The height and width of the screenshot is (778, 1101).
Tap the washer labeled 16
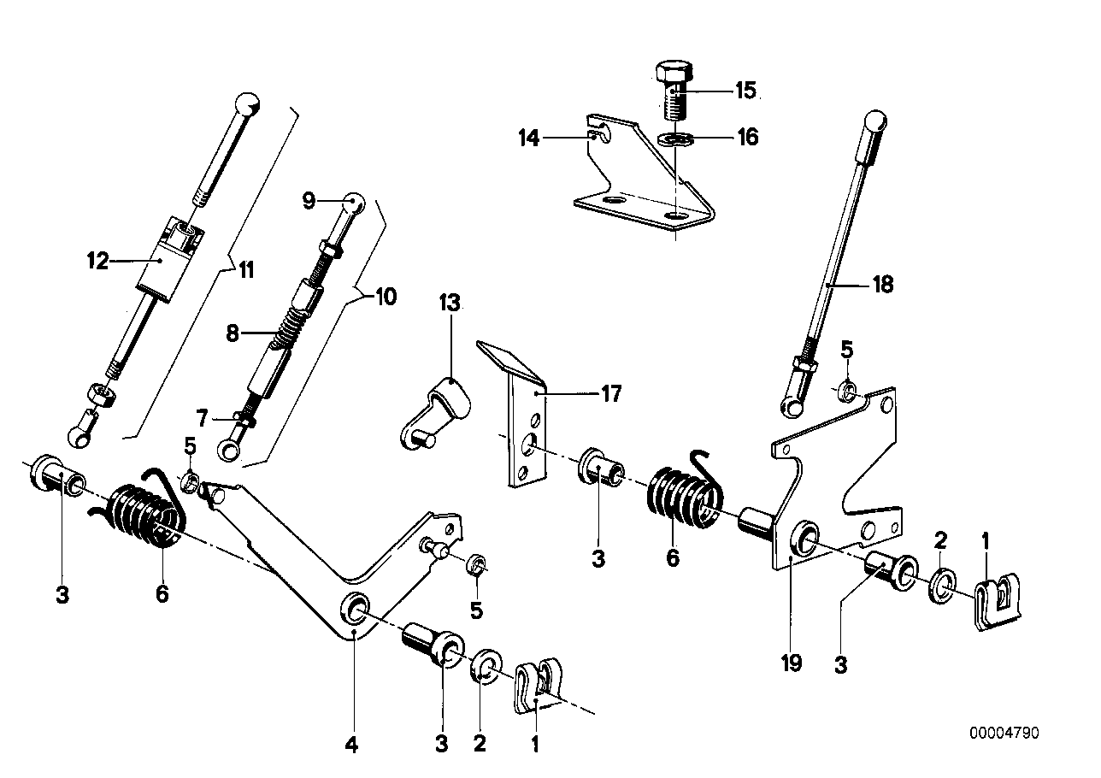click(674, 138)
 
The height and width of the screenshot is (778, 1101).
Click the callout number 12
click(97, 261)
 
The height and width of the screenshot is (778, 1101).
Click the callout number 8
click(233, 334)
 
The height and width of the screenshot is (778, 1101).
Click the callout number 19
click(792, 663)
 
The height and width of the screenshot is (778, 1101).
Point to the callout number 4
click(351, 746)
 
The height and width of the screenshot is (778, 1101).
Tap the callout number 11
click(246, 271)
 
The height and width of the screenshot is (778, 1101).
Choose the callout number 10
click(386, 298)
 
